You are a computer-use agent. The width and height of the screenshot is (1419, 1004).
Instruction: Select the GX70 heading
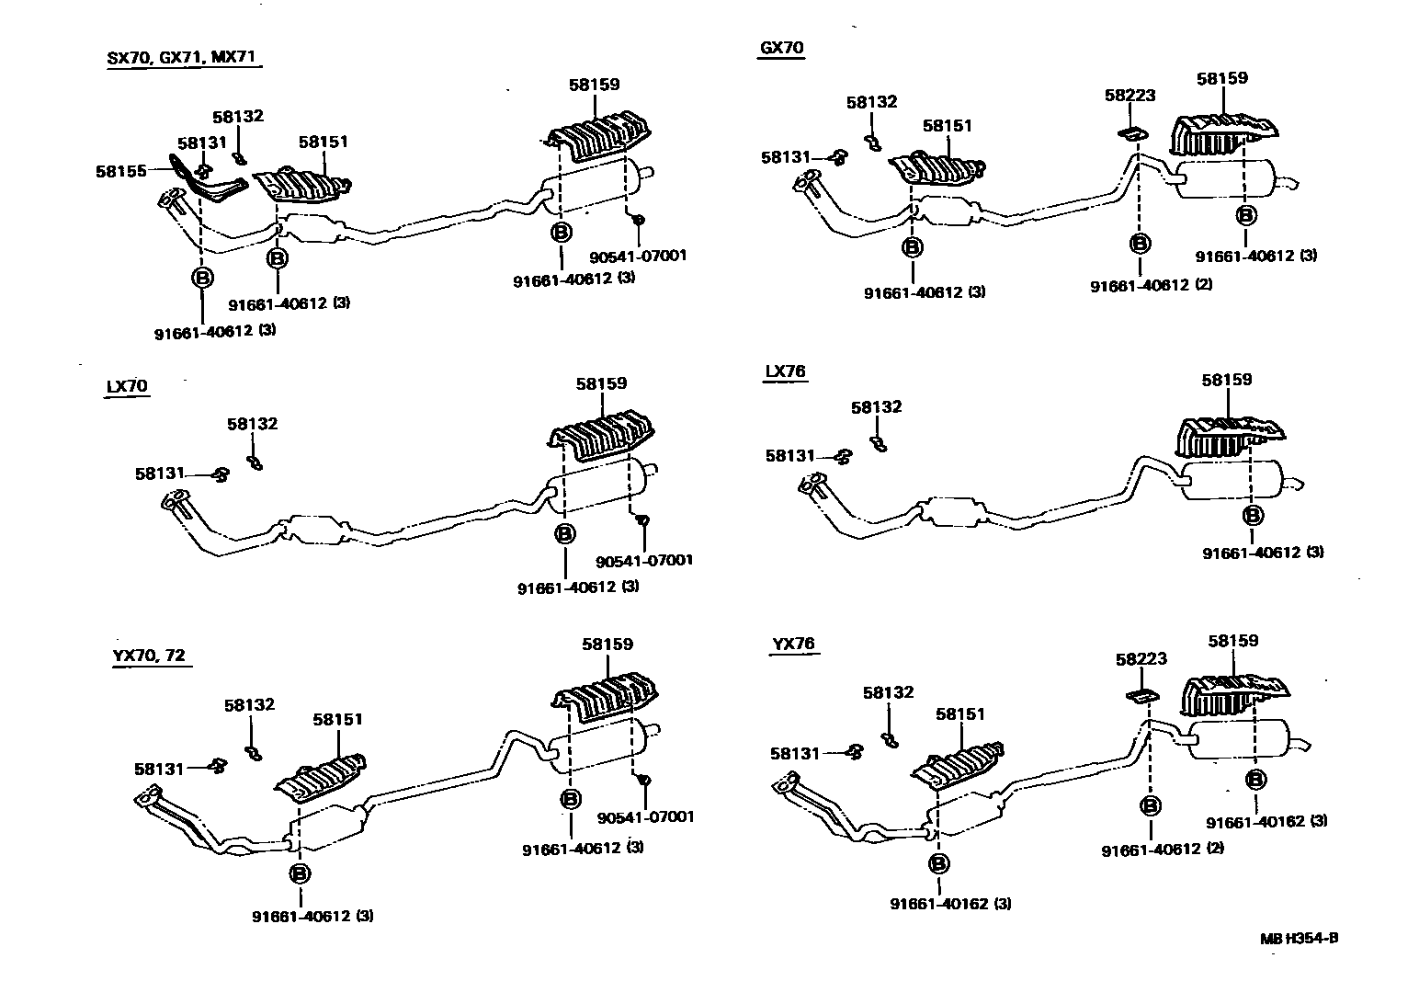(x=781, y=47)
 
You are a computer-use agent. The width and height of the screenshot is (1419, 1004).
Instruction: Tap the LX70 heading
(x=126, y=386)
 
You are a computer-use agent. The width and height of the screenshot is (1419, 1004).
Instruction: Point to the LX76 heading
(x=785, y=371)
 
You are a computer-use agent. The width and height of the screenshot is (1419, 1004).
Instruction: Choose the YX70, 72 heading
(x=150, y=655)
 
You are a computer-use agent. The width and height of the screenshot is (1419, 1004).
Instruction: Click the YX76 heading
(x=793, y=644)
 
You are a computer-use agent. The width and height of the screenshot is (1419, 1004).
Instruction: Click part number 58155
(x=120, y=171)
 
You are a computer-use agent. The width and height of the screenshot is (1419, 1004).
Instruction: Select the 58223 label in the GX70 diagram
(x=1130, y=95)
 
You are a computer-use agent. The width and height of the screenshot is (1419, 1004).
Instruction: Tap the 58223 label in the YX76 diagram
(x=1141, y=658)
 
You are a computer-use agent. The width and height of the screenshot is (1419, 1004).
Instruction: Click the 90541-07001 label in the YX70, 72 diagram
(x=645, y=816)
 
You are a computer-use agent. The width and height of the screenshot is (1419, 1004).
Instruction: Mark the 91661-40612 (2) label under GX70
(x=1151, y=285)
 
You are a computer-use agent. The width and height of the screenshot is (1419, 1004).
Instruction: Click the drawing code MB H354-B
(x=1299, y=939)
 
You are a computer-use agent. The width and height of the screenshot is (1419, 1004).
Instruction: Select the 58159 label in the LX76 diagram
(x=1226, y=379)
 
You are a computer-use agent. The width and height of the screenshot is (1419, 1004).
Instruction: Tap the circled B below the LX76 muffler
(x=1252, y=515)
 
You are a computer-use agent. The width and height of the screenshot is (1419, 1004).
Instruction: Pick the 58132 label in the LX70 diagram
(x=252, y=424)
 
